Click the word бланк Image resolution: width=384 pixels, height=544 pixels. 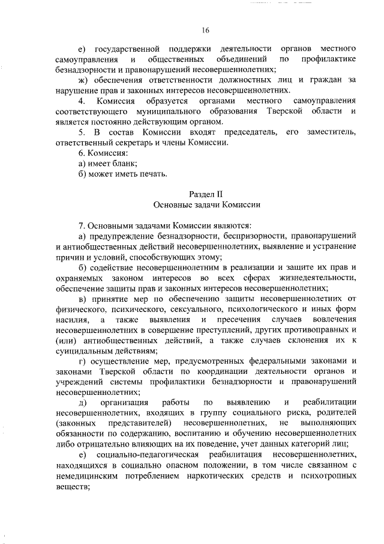(x=125, y=163)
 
